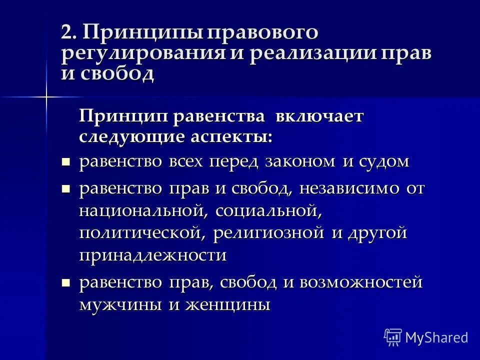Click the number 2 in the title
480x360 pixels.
tap(67, 33)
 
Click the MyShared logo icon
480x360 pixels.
tap(393, 336)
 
